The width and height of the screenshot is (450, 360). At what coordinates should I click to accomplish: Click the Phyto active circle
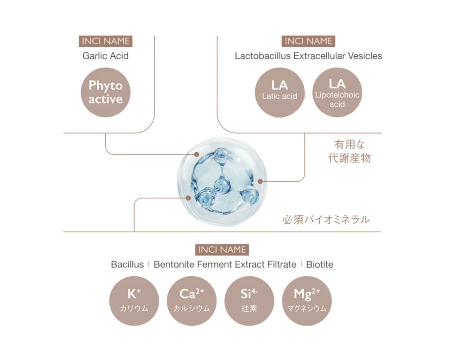pos(106,92)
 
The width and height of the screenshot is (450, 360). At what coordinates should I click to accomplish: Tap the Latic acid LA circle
pos(279,92)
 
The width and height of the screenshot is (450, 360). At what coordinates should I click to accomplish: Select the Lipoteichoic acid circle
pos(337,92)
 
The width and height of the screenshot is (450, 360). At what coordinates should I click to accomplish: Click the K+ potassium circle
pos(134,301)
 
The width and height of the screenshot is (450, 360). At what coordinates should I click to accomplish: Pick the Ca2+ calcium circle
pos(192,301)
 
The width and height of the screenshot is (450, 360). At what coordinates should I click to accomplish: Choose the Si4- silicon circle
pos(249,301)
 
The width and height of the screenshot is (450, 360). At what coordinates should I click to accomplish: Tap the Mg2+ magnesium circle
pos(307,301)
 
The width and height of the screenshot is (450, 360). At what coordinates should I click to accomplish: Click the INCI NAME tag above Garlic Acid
pos(106,41)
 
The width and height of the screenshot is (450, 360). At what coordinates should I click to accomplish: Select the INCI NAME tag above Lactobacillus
pos(308,41)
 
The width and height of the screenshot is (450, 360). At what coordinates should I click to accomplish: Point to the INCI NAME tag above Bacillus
pos(222,250)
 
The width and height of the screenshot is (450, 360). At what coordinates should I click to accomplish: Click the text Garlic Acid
pos(106,56)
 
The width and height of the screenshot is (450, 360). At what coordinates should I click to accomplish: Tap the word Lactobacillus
pos(263,56)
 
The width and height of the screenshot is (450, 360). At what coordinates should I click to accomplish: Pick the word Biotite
pos(319,265)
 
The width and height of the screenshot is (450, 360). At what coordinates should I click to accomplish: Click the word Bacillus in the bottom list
pos(127,265)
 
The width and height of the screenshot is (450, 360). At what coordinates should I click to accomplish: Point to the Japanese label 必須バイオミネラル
pos(326,220)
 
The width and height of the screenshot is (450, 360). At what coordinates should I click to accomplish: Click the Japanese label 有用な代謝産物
pos(350,151)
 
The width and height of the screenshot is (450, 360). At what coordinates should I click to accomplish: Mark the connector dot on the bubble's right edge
pos(260,181)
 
